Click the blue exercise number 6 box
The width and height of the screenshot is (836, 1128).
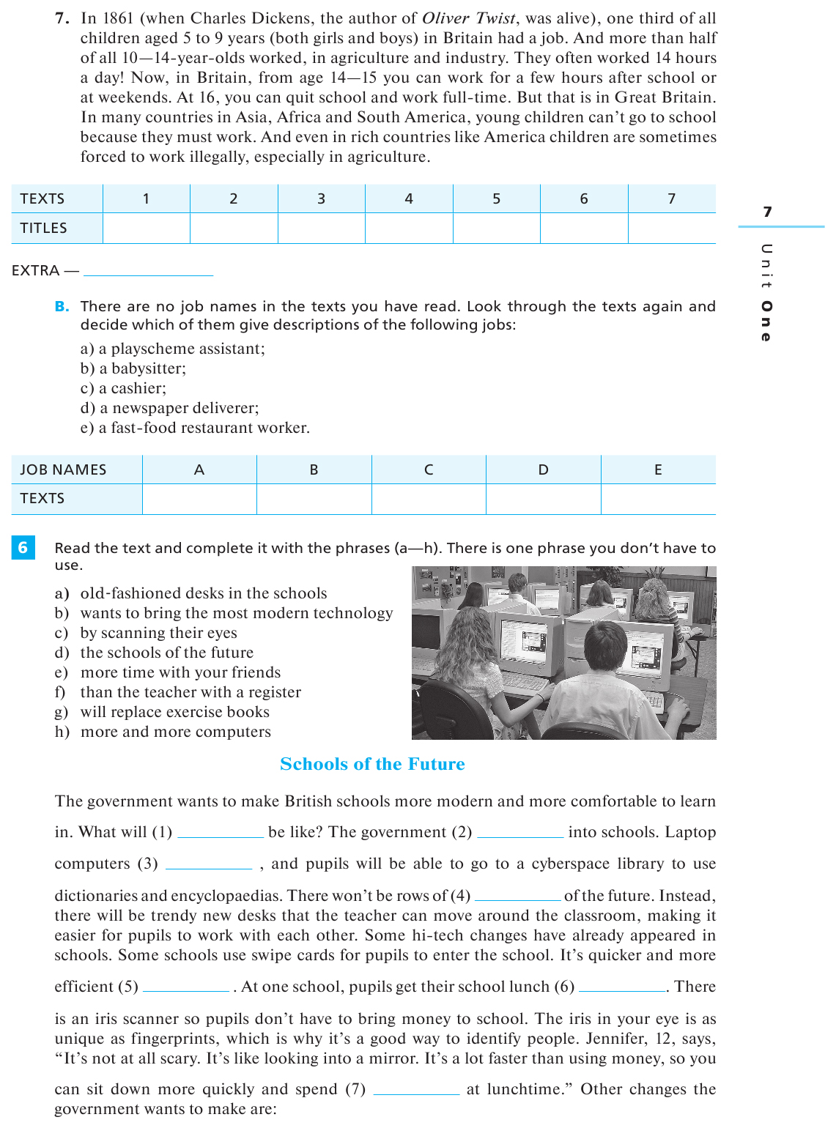[23, 548]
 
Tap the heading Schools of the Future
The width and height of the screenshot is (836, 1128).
[372, 764]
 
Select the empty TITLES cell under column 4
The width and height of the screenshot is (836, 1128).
[409, 229]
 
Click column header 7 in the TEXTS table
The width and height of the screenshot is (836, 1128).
[671, 198]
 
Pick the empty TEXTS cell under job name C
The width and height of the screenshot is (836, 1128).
[429, 499]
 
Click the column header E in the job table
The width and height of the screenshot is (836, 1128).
[658, 470]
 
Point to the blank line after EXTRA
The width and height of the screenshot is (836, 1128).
[148, 271]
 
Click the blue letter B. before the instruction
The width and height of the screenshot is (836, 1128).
[62, 307]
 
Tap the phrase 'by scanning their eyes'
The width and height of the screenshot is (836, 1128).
[158, 633]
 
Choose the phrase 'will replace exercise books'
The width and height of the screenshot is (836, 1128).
[174, 712]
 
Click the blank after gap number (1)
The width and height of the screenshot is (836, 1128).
[220, 833]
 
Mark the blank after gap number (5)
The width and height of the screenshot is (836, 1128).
[186, 987]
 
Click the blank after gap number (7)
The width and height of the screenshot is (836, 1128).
[416, 1090]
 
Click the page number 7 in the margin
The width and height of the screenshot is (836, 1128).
[767, 212]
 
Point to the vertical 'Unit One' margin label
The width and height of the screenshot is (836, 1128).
[766, 293]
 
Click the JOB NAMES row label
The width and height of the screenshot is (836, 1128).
[63, 470]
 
